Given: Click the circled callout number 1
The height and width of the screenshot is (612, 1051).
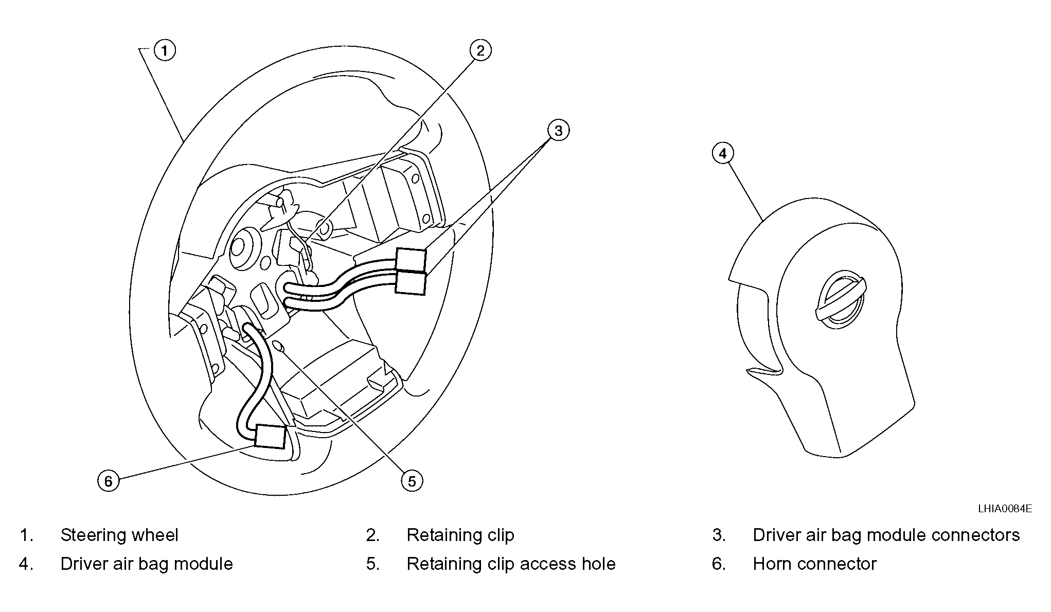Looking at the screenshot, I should tap(165, 50).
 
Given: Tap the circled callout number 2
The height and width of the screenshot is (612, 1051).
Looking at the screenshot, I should tap(480, 50).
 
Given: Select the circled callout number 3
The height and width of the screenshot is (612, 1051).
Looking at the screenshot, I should tap(558, 130).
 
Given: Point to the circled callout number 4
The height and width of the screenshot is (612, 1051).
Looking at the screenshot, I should tap(723, 153).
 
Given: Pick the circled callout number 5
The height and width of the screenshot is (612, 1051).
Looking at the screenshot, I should tap(412, 481).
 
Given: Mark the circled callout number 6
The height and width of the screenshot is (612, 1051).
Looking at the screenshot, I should tap(108, 481).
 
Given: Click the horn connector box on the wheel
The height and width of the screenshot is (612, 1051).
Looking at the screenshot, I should tap(270, 436).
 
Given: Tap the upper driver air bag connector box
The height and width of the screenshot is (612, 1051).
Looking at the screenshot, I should tap(411, 259).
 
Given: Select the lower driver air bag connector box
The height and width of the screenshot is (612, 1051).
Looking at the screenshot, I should tap(411, 283).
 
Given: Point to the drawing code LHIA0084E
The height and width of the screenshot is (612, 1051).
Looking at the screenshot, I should tap(1005, 509).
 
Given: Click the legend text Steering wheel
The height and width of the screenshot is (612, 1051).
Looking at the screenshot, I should tap(119, 535).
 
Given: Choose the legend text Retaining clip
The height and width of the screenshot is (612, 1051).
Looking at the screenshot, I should tap(460, 535).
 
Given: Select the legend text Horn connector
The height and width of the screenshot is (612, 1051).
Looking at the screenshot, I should tap(814, 564).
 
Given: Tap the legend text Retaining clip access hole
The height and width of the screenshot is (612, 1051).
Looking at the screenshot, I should tap(511, 564).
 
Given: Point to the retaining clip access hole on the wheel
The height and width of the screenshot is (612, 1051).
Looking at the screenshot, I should tap(277, 347).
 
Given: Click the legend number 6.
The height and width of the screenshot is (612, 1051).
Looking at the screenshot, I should tap(719, 564).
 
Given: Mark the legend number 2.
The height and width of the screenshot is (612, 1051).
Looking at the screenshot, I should tap(372, 535).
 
